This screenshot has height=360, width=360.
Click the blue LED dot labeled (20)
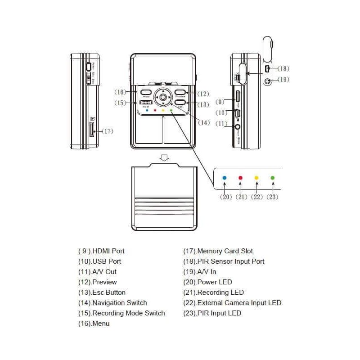click(x=225, y=178)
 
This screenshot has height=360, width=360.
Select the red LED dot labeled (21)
click(x=240, y=178)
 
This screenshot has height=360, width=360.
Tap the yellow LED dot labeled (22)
click(x=256, y=178)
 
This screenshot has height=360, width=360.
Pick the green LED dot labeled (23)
click(x=272, y=178)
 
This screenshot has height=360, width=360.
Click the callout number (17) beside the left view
click(x=107, y=131)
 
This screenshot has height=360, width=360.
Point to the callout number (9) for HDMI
click(x=220, y=102)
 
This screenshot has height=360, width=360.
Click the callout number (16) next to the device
click(x=120, y=92)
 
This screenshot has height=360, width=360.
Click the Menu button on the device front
click(x=146, y=93)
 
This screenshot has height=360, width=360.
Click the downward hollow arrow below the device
click(x=165, y=157)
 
